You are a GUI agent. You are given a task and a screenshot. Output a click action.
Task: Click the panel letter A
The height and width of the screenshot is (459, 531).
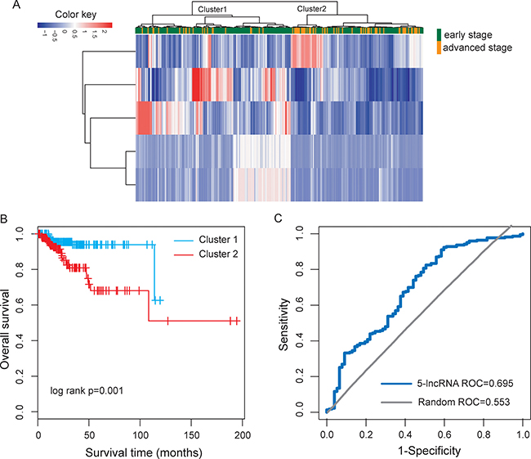pyautogui.click(x=7, y=7)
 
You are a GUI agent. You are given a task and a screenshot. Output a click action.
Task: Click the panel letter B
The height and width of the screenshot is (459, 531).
pyautogui.click(x=6, y=219)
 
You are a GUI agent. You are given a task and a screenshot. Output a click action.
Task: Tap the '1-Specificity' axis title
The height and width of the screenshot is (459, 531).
pyautogui.click(x=424, y=449)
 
